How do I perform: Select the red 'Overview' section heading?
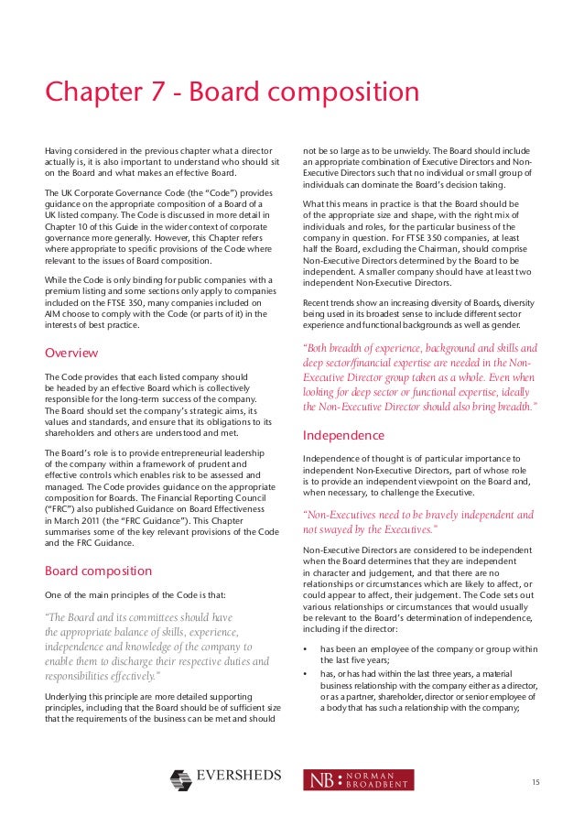coord(71,353)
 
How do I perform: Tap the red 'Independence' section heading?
coord(343,435)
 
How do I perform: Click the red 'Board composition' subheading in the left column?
coord(99,571)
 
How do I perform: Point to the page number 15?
coord(535,780)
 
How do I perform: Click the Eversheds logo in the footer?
coord(225,779)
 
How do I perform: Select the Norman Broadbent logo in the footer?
coord(358,779)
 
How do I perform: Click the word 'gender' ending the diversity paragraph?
coord(518,325)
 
